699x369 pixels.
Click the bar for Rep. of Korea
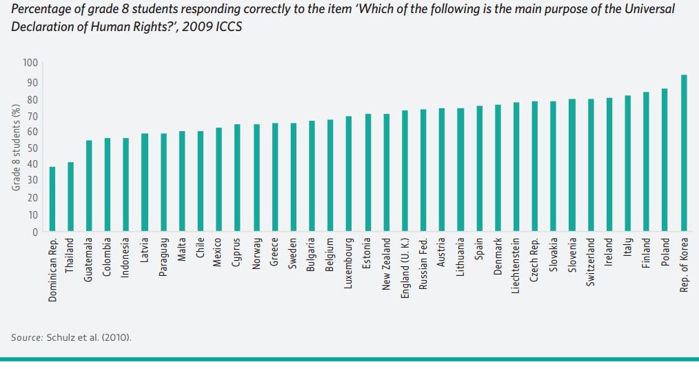684,153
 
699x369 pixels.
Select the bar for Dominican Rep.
52,199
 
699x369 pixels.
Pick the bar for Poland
665,160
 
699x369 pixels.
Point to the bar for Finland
646,162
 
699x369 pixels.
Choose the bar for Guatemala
89,186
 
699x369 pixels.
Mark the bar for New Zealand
386,173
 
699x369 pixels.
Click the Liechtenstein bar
516,168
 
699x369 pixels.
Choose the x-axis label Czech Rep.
534,258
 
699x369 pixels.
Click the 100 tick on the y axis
30,63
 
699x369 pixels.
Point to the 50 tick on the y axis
32,148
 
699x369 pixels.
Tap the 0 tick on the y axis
34,232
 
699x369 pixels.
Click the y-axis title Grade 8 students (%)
14,147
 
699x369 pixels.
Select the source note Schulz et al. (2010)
71,337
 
